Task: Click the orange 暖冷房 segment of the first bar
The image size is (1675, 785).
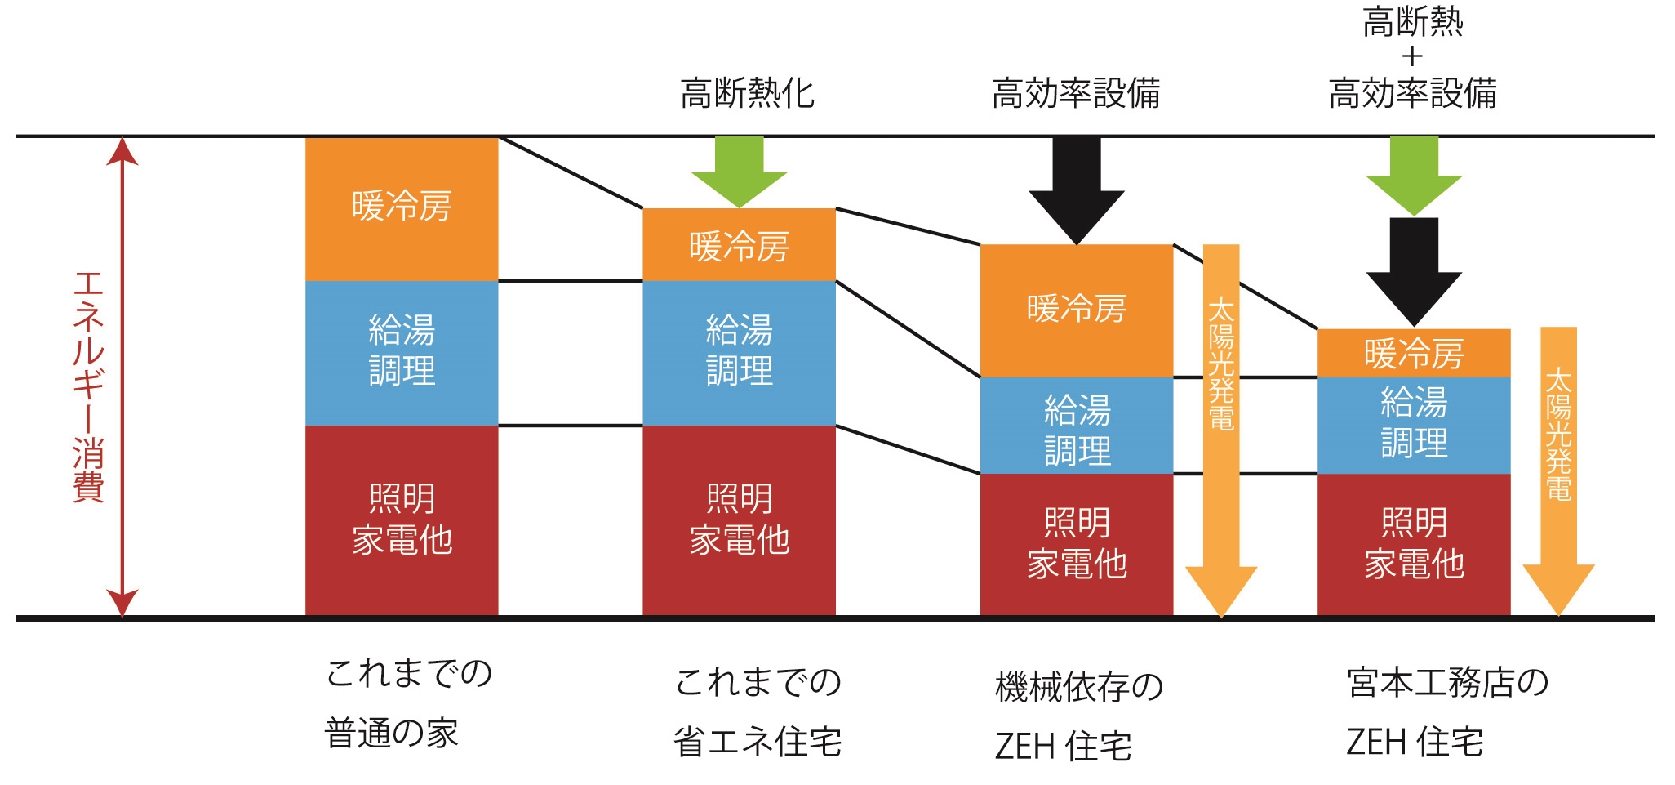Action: pyautogui.click(x=402, y=209)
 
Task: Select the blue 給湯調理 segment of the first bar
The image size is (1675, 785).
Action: pyautogui.click(x=402, y=353)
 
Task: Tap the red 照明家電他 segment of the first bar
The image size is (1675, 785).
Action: pyautogui.click(x=402, y=520)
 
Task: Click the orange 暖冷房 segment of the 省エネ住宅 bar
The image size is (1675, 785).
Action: pyautogui.click(x=739, y=244)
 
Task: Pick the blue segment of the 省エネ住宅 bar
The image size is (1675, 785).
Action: pyautogui.click(x=739, y=353)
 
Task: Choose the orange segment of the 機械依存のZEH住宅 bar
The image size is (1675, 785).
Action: pyautogui.click(x=1077, y=310)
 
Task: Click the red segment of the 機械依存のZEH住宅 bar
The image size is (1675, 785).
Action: pyautogui.click(x=1077, y=545)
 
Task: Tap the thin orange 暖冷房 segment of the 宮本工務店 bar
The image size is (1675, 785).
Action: pyautogui.click(x=1414, y=353)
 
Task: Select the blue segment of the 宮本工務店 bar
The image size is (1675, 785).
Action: pyautogui.click(x=1414, y=426)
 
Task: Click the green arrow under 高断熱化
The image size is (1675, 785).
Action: pyautogui.click(x=740, y=172)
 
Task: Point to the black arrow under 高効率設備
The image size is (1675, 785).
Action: pyautogui.click(x=1077, y=190)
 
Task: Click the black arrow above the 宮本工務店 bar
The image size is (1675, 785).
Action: pyautogui.click(x=1414, y=272)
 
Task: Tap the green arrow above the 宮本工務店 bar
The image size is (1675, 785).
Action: pyautogui.click(x=1414, y=176)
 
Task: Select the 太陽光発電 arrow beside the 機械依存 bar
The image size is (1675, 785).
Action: pyautogui.click(x=1221, y=430)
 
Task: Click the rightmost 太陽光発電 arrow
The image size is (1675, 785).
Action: pyautogui.click(x=1558, y=471)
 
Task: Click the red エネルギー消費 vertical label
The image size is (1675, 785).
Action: pyautogui.click(x=88, y=387)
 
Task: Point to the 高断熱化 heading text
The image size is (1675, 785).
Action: pyautogui.click(x=748, y=93)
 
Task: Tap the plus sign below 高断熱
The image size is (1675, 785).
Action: pyautogui.click(x=1412, y=57)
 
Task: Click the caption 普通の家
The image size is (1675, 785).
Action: pyautogui.click(x=392, y=733)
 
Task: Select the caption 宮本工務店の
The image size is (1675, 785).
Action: pyautogui.click(x=1448, y=683)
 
